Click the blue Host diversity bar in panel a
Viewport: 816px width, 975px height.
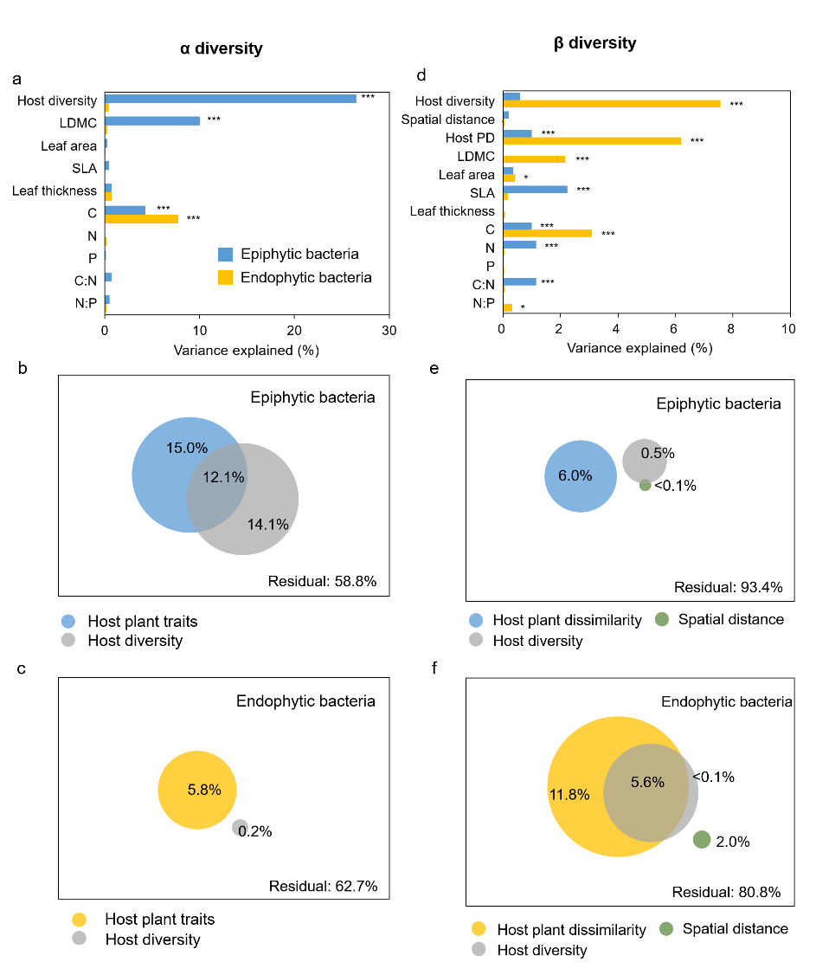[230, 99]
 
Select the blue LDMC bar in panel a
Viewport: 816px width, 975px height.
[152, 120]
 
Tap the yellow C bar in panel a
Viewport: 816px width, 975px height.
[142, 218]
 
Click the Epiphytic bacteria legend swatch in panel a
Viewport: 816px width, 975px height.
[226, 255]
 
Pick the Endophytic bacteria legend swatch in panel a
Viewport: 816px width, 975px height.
[226, 277]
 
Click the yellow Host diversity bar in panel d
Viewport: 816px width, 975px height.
[611, 104]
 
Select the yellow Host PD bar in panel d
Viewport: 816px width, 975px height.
[592, 140]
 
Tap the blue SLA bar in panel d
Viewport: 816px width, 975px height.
[535, 189]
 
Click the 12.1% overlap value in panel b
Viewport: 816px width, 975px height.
[222, 477]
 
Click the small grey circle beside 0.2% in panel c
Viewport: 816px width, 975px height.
[240, 828]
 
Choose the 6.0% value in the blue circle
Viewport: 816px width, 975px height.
[575, 475]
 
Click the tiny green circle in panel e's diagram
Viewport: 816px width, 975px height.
[645, 485]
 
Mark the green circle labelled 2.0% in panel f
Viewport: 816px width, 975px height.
[702, 839]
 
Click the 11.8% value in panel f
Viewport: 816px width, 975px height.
[569, 792]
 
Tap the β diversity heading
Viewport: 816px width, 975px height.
[594, 42]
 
